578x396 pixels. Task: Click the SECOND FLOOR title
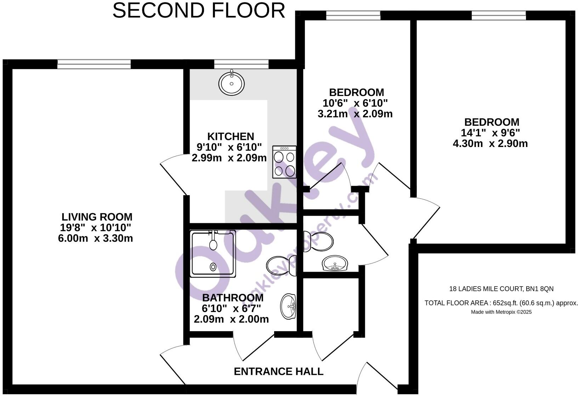point(199,11)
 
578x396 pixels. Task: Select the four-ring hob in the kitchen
point(284,162)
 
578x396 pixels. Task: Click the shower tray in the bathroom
point(213,254)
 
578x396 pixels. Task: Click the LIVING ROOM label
point(97,217)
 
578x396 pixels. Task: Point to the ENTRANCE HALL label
point(278,372)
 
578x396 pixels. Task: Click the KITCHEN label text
point(231,136)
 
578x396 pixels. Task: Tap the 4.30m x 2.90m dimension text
point(490,144)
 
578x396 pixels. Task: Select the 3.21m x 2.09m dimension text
point(355,114)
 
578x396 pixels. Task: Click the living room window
point(94,64)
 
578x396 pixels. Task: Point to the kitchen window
point(241,64)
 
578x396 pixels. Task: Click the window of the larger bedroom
point(499,15)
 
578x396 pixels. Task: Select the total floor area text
point(501,303)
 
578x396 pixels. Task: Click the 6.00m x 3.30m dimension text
point(95,238)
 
